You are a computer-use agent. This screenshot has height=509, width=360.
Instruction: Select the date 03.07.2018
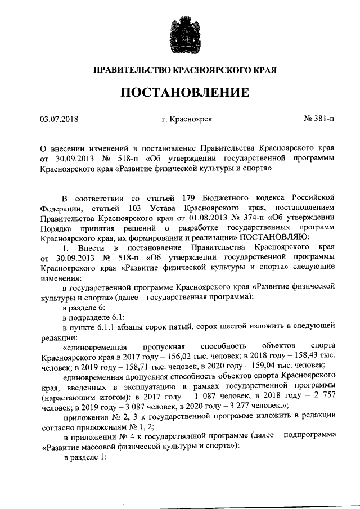pyautogui.click(x=59, y=119)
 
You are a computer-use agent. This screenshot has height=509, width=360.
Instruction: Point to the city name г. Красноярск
pyautogui.click(x=186, y=119)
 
